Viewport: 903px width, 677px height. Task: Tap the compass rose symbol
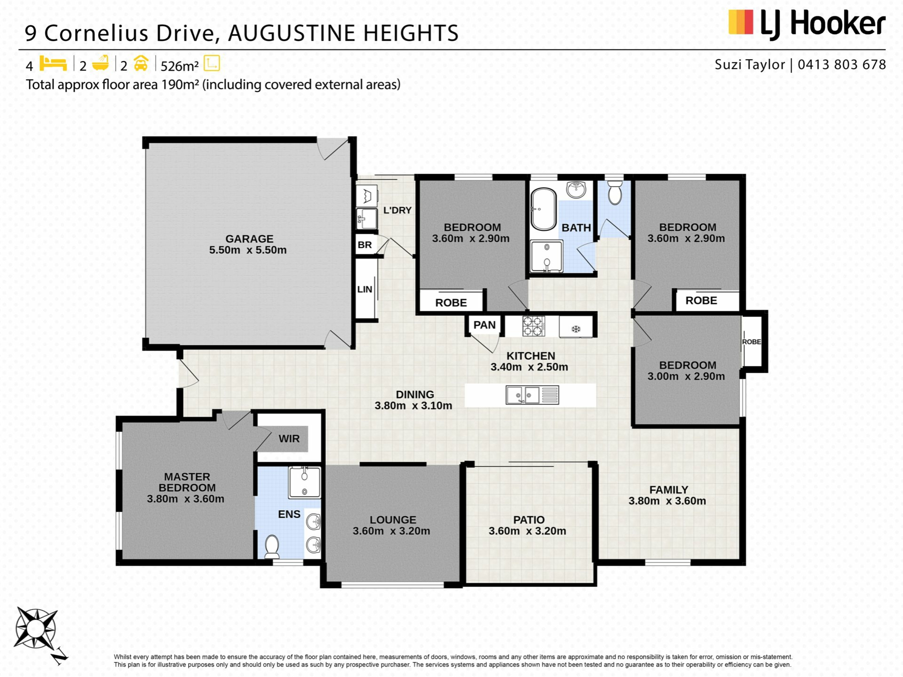36,629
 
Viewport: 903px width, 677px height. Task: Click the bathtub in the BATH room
543,210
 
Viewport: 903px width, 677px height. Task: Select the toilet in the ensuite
272,546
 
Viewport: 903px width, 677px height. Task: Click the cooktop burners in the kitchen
533,326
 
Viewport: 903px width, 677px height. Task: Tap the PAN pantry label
484,325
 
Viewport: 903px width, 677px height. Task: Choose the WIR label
289,439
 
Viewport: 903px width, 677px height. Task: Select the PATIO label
529,520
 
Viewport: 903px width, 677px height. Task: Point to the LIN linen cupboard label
364,290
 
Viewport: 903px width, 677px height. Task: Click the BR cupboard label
364,245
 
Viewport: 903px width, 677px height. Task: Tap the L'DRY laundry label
397,210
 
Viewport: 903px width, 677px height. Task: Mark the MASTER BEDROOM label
187,482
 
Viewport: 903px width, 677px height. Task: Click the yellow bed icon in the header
53,63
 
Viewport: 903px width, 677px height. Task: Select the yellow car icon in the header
141,63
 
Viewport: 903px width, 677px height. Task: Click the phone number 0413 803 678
842,64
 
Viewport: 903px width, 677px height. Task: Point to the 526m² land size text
180,66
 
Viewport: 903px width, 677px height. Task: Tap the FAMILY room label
669,490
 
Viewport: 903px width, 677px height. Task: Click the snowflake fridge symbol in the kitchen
576,329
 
